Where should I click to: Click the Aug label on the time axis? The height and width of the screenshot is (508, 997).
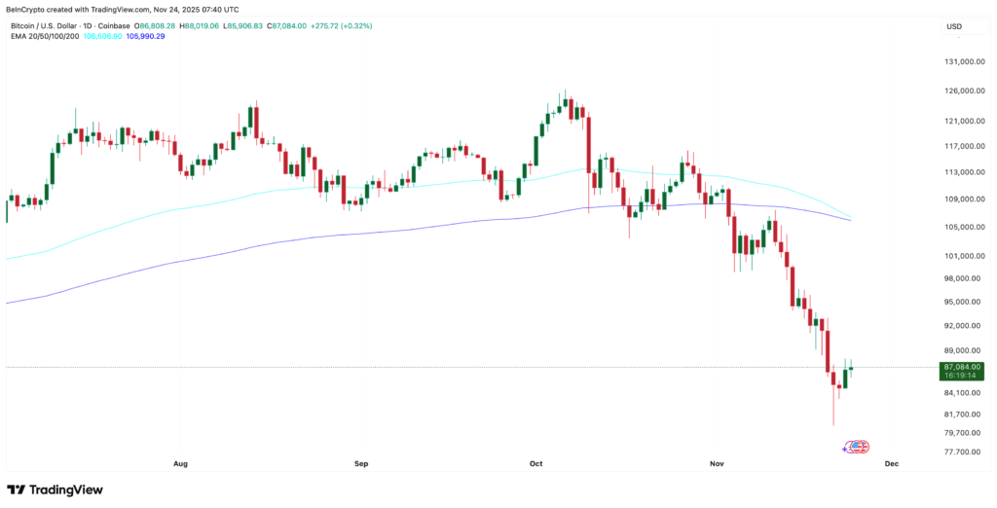(180, 464)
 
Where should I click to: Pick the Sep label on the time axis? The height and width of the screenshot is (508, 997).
(361, 464)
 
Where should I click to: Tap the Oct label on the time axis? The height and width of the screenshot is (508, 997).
(535, 464)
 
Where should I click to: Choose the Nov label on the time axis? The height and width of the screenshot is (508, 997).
(717, 464)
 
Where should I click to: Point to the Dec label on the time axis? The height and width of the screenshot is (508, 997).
(890, 464)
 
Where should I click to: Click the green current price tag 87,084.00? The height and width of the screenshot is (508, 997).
(961, 367)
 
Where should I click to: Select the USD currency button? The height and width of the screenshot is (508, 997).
(954, 26)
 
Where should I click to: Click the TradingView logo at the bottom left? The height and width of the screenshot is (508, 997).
(55, 490)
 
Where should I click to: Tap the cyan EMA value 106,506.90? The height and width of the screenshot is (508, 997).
(102, 36)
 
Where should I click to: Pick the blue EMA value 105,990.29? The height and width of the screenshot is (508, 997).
(146, 36)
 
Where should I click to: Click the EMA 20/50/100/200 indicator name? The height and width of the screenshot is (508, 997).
(45, 36)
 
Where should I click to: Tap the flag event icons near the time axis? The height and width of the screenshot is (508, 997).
(856, 447)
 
